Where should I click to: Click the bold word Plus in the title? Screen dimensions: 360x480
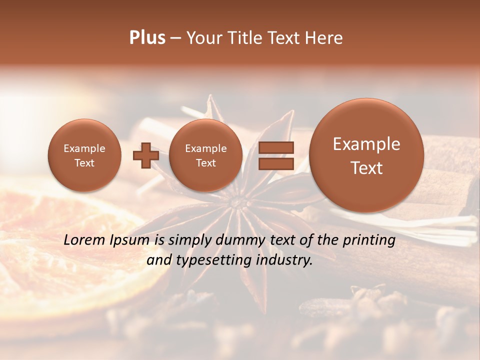click(x=147, y=38)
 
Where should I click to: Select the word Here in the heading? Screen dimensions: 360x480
click(x=325, y=38)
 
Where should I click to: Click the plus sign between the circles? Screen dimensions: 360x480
click(x=145, y=155)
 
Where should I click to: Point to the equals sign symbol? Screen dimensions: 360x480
click(x=275, y=155)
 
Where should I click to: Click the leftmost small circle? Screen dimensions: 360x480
click(x=84, y=155)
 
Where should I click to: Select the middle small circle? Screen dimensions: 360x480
click(x=205, y=155)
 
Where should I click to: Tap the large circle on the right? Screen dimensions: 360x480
click(x=366, y=155)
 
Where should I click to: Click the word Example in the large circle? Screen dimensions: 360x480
click(x=366, y=144)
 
